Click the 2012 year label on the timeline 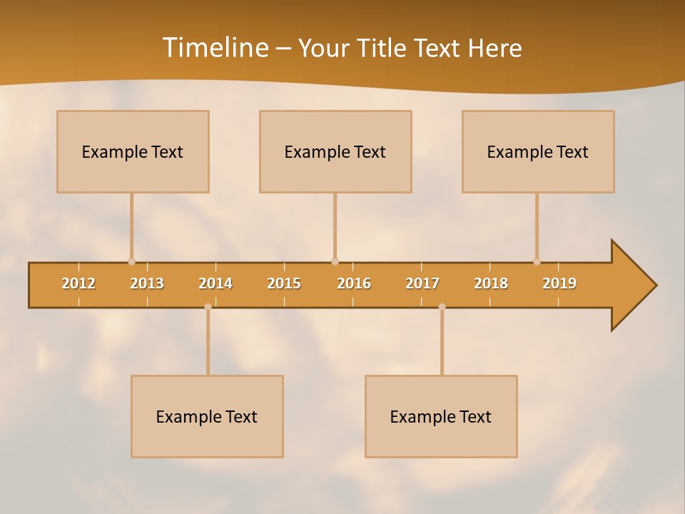(78, 283)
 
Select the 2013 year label (147, 283)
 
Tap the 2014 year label (215, 283)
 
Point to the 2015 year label (284, 283)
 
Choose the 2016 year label (354, 283)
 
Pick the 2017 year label (422, 283)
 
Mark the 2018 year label (491, 283)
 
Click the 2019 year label (559, 283)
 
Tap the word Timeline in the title (215, 47)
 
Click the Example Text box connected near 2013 (133, 151)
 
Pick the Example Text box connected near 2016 (335, 151)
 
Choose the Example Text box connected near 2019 (538, 151)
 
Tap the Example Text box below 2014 (207, 416)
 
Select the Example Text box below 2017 (441, 416)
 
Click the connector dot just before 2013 (131, 262)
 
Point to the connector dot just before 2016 (335, 262)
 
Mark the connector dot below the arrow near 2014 (208, 307)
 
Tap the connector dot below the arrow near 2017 (442, 307)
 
